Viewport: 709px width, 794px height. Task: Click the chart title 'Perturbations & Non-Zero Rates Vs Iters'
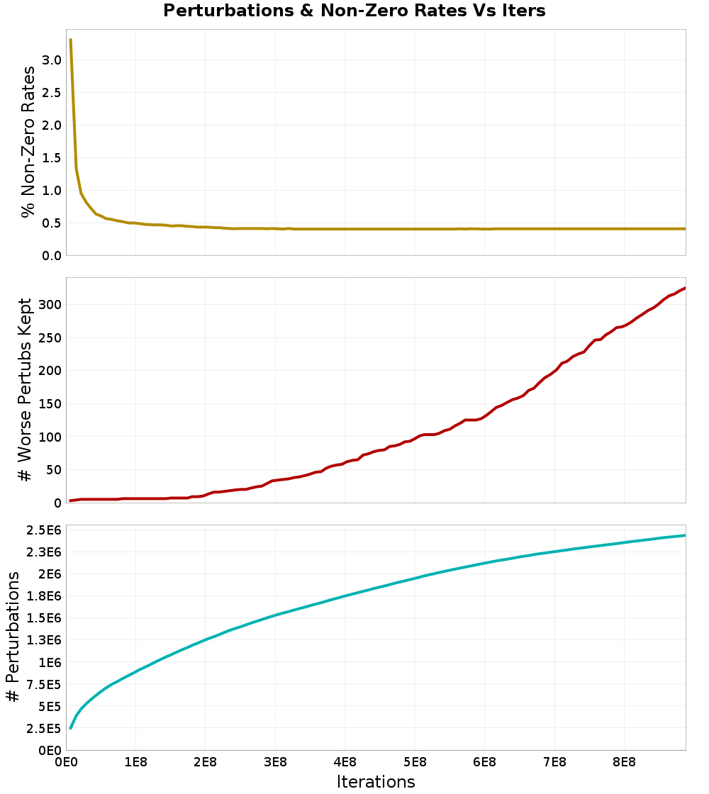[354, 11]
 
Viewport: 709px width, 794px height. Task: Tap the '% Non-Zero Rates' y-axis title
[28, 142]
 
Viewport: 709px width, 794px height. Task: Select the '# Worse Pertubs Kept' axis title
[24, 390]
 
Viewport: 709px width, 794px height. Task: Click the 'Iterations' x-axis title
[376, 781]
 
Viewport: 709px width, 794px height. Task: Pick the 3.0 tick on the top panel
[52, 60]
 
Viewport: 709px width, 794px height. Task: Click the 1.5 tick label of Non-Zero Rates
[52, 158]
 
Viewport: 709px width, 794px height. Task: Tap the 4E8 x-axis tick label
[345, 763]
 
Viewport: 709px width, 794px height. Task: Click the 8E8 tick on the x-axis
[624, 763]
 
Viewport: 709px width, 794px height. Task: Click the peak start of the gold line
[71, 40]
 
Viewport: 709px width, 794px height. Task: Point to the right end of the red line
[685, 288]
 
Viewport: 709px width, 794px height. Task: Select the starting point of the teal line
[70, 728]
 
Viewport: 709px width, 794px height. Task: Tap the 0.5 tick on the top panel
[52, 223]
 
